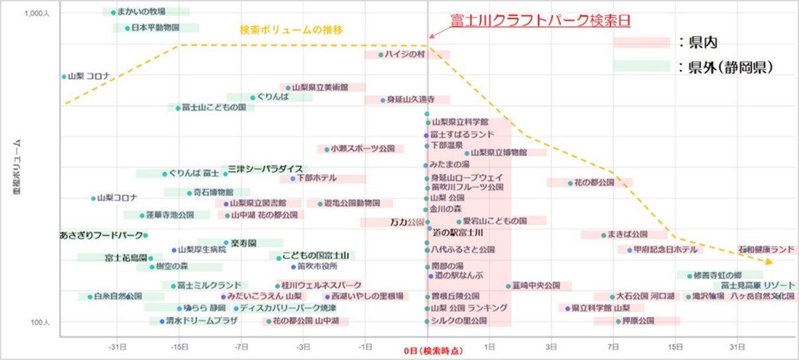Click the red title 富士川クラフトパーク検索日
[540, 20]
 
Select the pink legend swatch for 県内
[641, 42]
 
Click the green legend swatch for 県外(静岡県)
[641, 66]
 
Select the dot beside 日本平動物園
[127, 28]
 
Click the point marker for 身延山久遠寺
[382, 100]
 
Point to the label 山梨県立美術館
[320, 87]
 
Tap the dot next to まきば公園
[603, 235]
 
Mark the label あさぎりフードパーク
[101, 235]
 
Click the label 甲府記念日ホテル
[665, 250]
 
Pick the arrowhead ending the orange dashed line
[769, 263]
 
